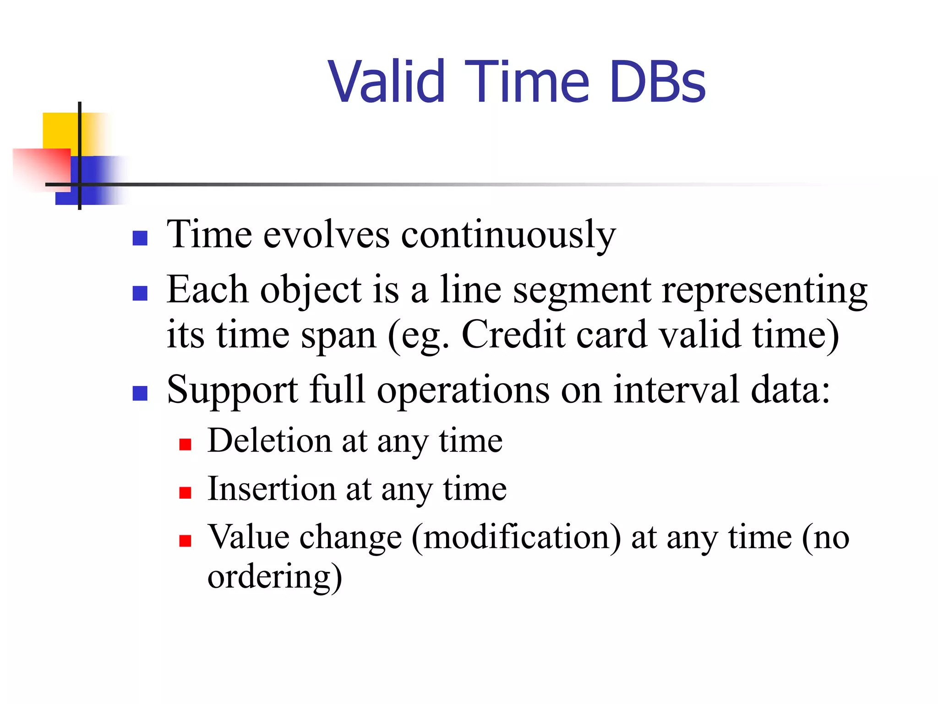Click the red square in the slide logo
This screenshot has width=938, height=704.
pyautogui.click(x=44, y=167)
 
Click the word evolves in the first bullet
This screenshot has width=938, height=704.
pyautogui.click(x=327, y=235)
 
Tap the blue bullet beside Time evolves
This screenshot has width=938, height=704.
pyautogui.click(x=140, y=238)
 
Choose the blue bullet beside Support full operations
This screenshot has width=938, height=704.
pyautogui.click(x=140, y=393)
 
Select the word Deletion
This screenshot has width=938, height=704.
pyautogui.click(x=269, y=441)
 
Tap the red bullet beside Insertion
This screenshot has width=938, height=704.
pyautogui.click(x=185, y=493)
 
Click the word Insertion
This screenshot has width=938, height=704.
pyautogui.click(x=272, y=489)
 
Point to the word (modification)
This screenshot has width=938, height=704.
pyautogui.click(x=516, y=538)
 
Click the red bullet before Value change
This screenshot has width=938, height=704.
pyautogui.click(x=185, y=541)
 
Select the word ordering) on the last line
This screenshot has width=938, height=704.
pyautogui.click(x=274, y=577)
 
